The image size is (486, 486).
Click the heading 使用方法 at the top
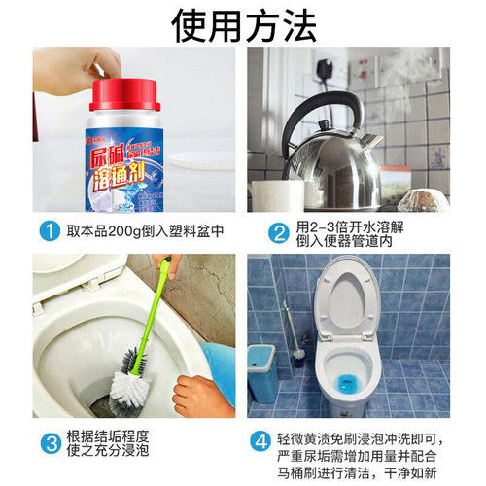click(x=243, y=24)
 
